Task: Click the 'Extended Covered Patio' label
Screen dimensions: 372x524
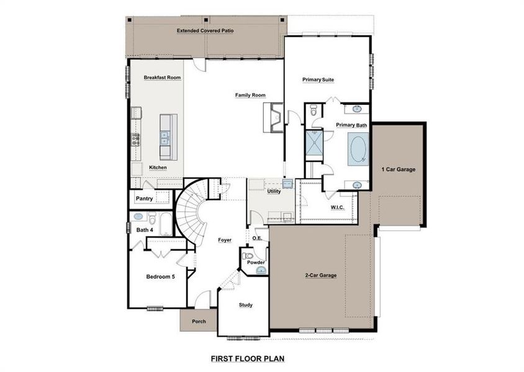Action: coord(205,30)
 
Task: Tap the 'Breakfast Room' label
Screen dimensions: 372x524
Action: coord(162,77)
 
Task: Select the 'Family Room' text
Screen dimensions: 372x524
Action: coord(250,95)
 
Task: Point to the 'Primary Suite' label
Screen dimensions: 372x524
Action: coord(318,79)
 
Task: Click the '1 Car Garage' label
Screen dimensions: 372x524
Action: coord(398,169)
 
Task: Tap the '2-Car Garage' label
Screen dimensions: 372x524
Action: coord(320,275)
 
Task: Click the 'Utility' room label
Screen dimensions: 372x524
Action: coord(274,192)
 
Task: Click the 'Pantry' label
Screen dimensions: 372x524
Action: coord(144,199)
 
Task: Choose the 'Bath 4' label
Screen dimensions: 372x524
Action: coord(145,230)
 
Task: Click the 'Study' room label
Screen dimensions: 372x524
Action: coord(245,305)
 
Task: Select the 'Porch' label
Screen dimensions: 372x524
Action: coord(199,321)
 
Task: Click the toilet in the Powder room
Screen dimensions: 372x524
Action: coord(248,255)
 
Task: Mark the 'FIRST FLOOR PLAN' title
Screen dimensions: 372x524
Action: coord(247,358)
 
